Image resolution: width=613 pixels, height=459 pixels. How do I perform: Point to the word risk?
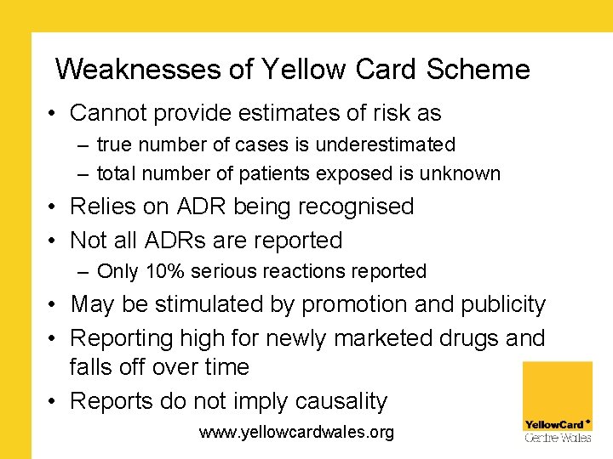click(x=388, y=112)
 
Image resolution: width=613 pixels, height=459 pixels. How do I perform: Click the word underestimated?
click(x=385, y=145)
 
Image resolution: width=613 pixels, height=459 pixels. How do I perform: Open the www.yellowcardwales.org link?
click(x=296, y=433)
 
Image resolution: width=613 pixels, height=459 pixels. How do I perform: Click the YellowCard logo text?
click(x=554, y=424)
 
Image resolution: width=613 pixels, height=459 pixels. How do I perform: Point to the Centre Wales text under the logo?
click(x=558, y=438)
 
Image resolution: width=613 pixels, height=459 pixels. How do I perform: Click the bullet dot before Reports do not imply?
click(x=53, y=401)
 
